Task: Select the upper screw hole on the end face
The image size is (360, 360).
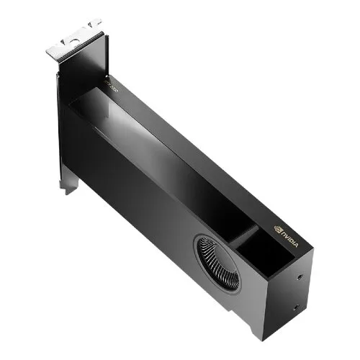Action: coord(298,276)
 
